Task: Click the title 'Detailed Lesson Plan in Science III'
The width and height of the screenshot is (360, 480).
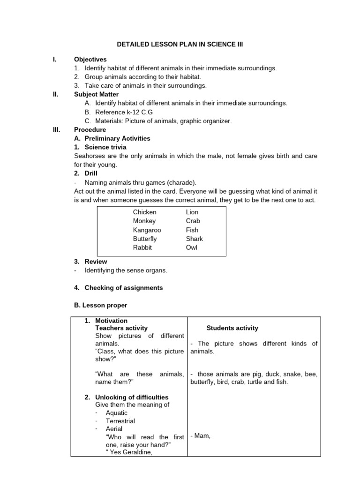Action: point(180,45)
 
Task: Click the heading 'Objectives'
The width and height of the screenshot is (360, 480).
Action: point(90,60)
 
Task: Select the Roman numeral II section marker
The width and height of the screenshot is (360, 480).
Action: point(55,94)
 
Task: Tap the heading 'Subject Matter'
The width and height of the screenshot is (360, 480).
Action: point(96,94)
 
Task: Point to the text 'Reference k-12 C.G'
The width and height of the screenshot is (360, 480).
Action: point(124,112)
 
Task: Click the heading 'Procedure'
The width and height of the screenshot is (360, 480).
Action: point(90,129)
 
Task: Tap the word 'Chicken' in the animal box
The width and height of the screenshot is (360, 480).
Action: point(145,212)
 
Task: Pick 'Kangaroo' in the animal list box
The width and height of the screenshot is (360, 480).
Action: point(147,230)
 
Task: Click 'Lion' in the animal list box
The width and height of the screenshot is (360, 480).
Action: point(192,212)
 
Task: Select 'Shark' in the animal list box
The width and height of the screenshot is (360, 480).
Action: point(195,239)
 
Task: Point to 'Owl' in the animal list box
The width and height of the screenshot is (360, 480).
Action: point(192,247)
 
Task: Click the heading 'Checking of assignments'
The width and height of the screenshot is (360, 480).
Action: point(124,288)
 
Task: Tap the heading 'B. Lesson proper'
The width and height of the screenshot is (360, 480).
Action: point(101,305)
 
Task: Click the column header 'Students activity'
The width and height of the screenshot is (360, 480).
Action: point(232,328)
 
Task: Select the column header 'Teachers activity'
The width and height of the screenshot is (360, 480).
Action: point(121,328)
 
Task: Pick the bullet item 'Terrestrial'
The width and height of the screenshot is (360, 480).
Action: point(120,421)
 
